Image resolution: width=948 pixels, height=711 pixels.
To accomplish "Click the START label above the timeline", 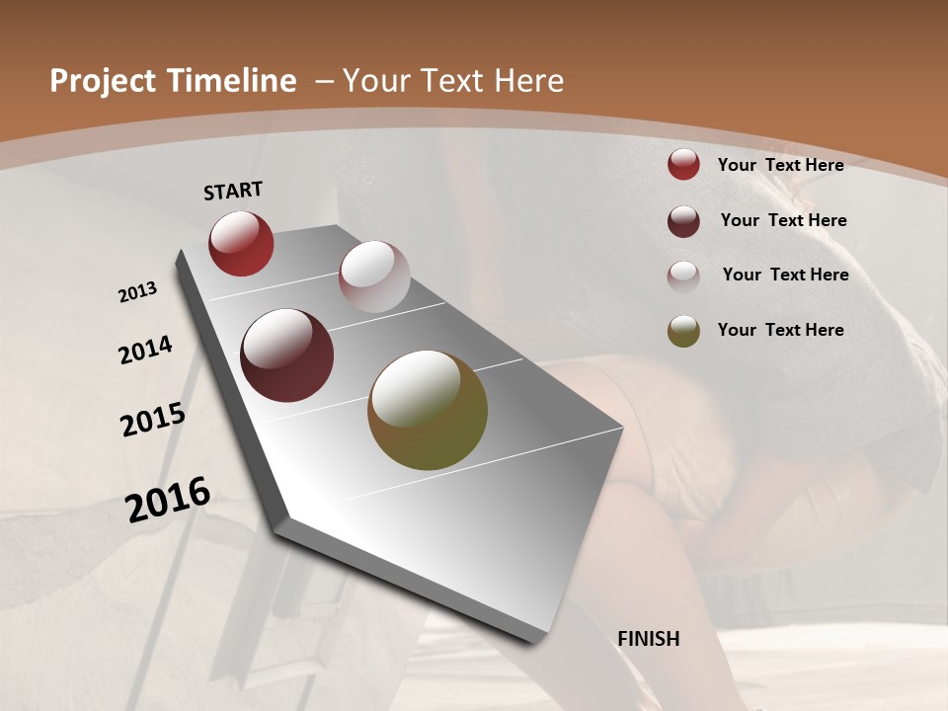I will [x=233, y=191].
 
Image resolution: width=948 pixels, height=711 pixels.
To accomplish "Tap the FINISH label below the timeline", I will [x=649, y=639].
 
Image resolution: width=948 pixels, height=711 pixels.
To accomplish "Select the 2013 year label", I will [x=137, y=291].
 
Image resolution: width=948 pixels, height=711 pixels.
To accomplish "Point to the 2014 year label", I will [x=145, y=351].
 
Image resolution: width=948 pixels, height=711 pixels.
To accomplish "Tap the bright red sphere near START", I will [x=241, y=243].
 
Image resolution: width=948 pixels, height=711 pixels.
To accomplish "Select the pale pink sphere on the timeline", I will [x=374, y=276].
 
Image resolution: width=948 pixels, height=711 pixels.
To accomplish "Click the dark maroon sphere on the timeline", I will [x=287, y=355].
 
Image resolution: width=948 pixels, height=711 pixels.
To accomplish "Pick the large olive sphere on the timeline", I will [x=428, y=410].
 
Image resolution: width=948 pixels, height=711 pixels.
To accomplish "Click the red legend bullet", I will [x=683, y=164].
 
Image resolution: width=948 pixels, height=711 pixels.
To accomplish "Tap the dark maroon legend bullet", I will [x=683, y=221].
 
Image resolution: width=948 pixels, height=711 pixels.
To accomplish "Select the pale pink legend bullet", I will [x=683, y=276].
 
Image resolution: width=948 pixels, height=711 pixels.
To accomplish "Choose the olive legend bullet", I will [x=683, y=331].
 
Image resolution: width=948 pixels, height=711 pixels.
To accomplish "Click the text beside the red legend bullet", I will [x=780, y=165].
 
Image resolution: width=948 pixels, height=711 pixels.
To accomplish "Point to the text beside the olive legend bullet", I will [x=780, y=330].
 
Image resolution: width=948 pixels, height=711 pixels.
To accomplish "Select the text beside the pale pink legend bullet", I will [x=785, y=275].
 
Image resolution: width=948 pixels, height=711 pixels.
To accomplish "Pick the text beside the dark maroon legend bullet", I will [x=783, y=220].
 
